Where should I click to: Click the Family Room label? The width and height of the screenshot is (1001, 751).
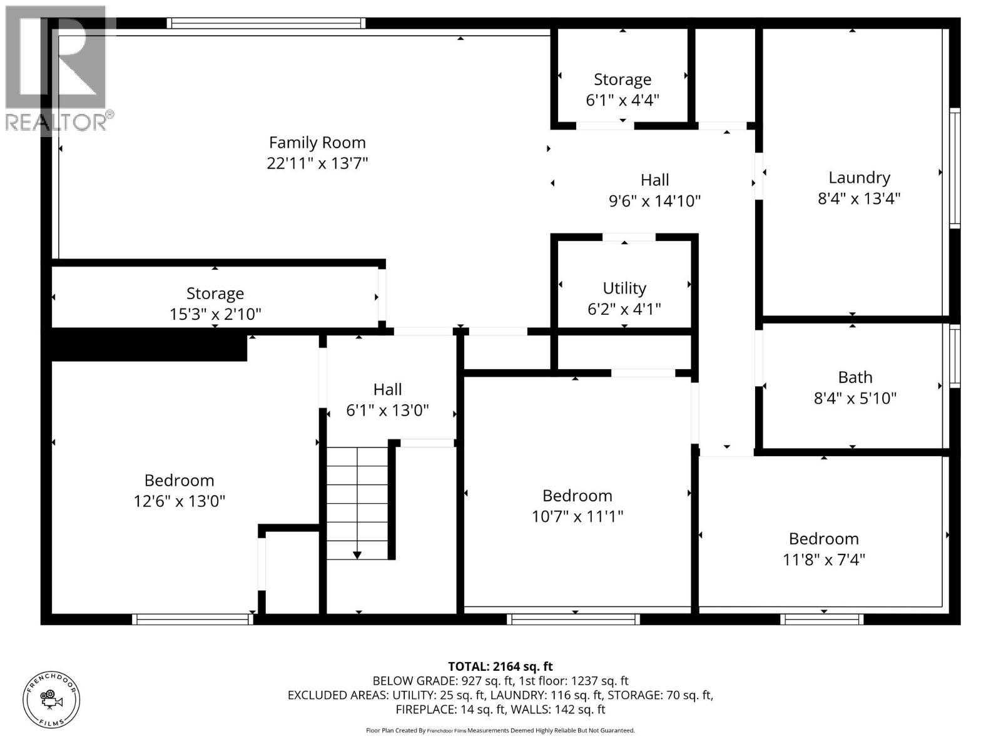(x=317, y=143)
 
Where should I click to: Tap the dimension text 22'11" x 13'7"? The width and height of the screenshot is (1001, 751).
(x=317, y=163)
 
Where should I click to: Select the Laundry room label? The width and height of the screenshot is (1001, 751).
(x=859, y=178)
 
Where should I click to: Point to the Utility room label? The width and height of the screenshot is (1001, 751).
(x=624, y=288)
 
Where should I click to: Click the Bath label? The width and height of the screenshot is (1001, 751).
(x=855, y=377)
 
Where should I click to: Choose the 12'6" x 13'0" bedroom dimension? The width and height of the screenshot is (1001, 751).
(x=179, y=501)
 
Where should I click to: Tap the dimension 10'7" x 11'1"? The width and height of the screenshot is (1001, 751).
(x=577, y=516)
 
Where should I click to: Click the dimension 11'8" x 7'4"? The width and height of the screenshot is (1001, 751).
(x=823, y=559)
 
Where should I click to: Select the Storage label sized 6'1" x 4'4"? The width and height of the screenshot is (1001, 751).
(x=622, y=79)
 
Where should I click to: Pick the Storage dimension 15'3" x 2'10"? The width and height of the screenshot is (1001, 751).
(x=215, y=314)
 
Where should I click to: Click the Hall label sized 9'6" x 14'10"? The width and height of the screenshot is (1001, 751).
(x=654, y=180)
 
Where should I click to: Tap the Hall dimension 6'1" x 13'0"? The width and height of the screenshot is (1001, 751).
(x=387, y=411)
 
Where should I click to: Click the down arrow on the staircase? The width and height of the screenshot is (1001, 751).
(x=357, y=554)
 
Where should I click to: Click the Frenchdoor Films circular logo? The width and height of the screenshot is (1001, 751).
(x=51, y=700)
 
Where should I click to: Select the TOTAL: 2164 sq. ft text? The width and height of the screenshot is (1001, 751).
(x=500, y=667)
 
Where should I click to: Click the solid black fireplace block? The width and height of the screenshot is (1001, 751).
(x=148, y=345)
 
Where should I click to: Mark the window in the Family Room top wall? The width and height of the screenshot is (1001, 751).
(x=266, y=23)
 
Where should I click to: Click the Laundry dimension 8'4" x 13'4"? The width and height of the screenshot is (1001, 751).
(x=859, y=198)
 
